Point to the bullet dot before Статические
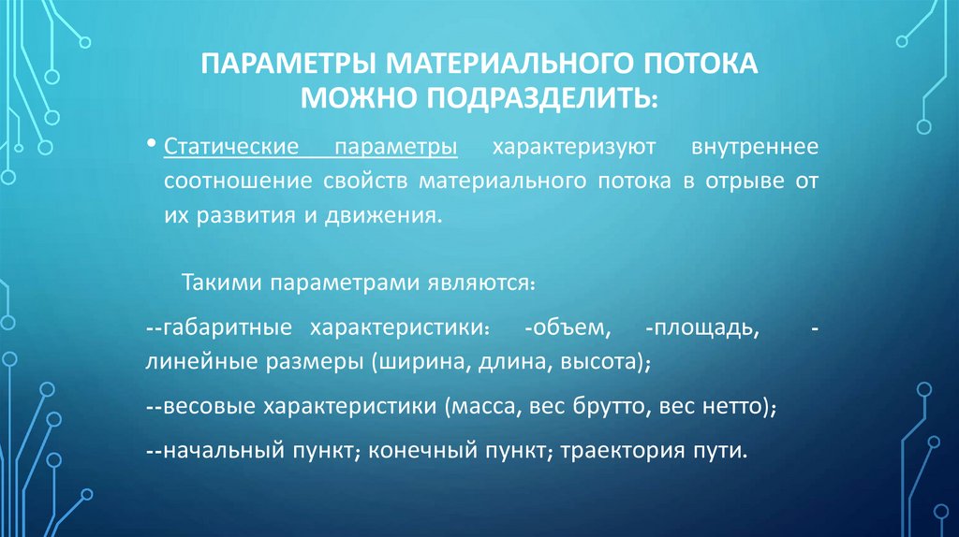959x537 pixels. [152, 145]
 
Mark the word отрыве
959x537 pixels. [736, 181]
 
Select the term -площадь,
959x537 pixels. [701, 330]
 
